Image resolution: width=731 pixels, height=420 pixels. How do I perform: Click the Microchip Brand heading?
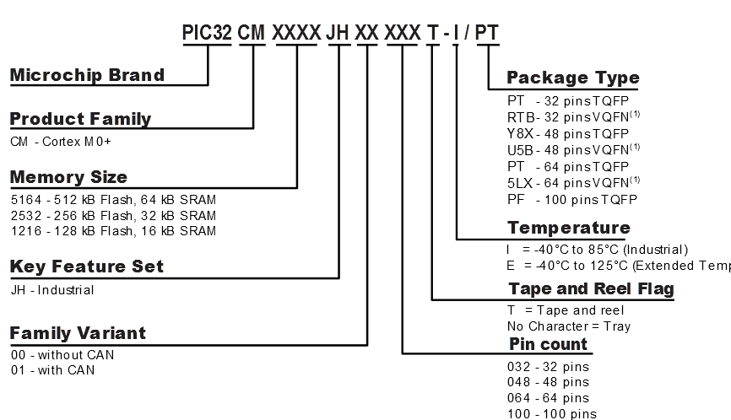coord(87,75)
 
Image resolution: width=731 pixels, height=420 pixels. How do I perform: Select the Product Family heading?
coord(80,119)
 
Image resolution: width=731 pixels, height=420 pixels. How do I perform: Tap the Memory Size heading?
coord(68,177)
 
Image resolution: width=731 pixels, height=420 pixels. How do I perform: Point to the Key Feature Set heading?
coord(86,267)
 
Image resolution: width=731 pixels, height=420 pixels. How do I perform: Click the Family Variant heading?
coord(78,333)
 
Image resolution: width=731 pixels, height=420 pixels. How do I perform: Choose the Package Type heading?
coord(572,78)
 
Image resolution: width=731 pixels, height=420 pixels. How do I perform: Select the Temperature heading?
coord(568,228)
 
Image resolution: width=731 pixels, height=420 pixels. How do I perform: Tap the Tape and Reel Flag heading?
coord(590,289)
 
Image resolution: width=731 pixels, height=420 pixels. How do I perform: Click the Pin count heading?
coord(548,344)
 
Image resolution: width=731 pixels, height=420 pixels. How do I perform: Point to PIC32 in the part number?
coord(207,33)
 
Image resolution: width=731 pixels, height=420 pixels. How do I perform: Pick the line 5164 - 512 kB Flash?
coord(113,200)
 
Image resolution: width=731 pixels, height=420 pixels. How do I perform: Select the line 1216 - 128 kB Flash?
coord(113,231)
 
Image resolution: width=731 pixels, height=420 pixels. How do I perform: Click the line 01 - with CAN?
coord(52,370)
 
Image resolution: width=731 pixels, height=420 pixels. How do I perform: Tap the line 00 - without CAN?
coord(62,355)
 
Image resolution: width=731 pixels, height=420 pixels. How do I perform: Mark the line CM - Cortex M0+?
coord(61,141)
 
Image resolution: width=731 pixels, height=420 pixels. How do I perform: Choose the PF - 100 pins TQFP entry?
coord(571,199)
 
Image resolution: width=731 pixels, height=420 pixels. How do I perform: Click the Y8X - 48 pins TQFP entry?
coord(567,133)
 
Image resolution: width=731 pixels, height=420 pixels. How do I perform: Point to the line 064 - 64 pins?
coord(548,398)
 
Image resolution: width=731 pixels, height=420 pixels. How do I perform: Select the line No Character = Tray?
coord(568,326)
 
